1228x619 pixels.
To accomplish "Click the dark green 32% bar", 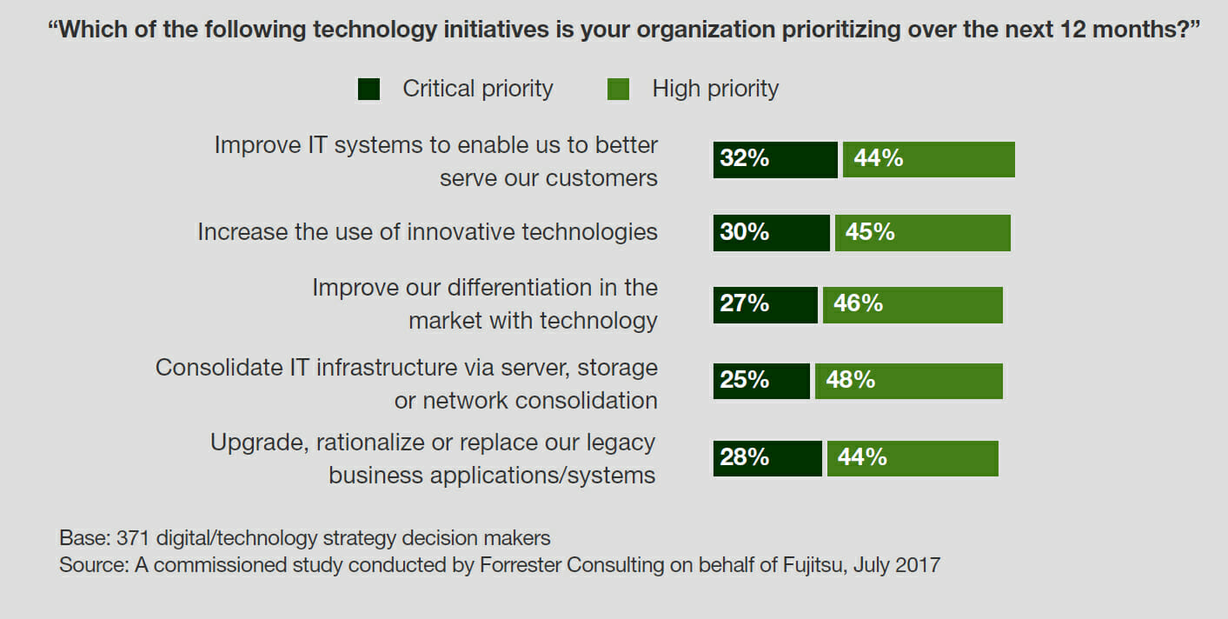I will (775, 160).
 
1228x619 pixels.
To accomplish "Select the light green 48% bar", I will (909, 381).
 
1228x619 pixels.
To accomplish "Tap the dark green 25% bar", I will (761, 381).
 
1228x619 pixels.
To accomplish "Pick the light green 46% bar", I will (913, 304).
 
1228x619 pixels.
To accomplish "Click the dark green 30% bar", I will (772, 233).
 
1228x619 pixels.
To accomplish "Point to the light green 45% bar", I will (923, 233).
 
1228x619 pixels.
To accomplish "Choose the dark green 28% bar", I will (767, 458).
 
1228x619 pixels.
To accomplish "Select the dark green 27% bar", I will (766, 304).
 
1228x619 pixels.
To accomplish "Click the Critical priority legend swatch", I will (369, 90).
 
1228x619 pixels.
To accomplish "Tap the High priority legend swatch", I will (618, 90).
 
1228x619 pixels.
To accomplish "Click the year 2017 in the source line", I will (916, 565).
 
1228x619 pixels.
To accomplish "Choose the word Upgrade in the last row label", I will (256, 443).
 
